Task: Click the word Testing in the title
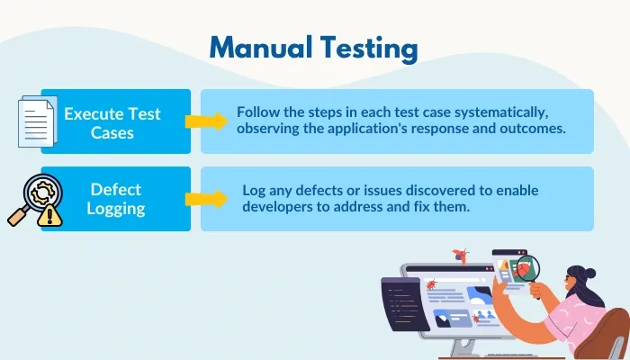click(x=369, y=49)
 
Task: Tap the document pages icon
click(x=36, y=121)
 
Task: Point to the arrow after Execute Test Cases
click(x=205, y=121)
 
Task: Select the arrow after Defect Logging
click(x=205, y=199)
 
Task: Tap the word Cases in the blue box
click(x=115, y=132)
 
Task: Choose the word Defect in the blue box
click(x=115, y=189)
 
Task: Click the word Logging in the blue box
click(x=115, y=208)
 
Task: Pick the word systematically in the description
click(x=512, y=112)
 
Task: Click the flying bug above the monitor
click(x=463, y=256)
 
